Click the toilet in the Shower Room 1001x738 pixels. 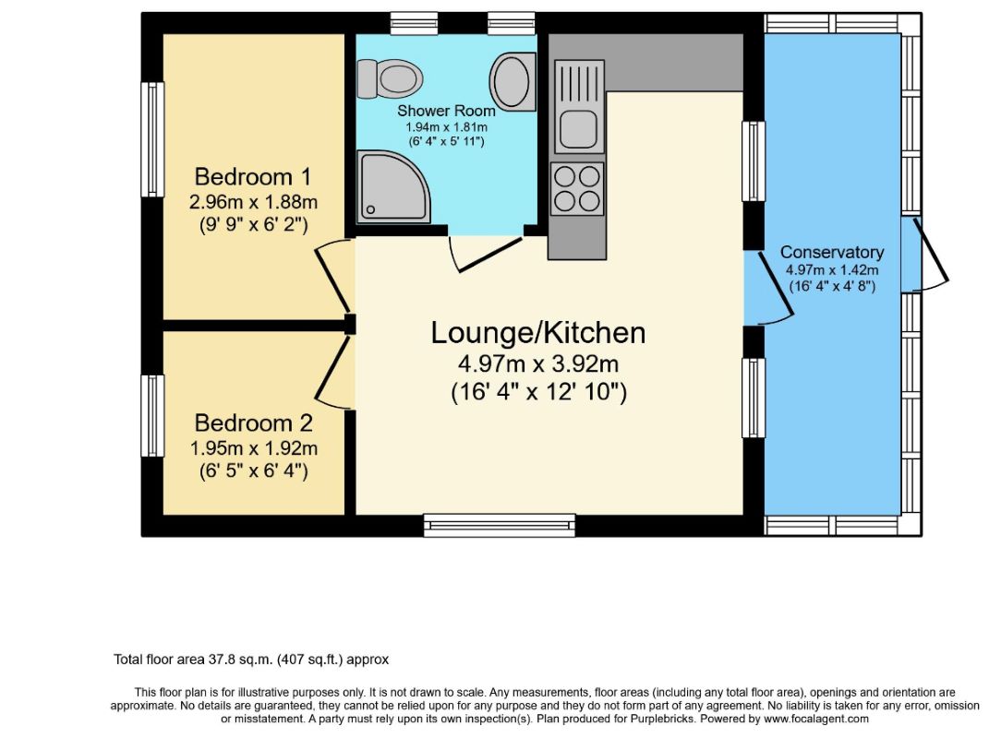[x=390, y=79]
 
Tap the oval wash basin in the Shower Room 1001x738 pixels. [x=512, y=82]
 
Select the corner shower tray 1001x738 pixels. [x=393, y=187]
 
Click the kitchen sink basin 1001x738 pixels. [x=578, y=129]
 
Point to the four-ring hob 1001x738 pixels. [x=578, y=187]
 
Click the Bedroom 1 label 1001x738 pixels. [x=253, y=176]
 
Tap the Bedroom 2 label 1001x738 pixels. [x=253, y=423]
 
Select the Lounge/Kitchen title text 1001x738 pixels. [x=538, y=333]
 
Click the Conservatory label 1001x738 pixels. [x=832, y=252]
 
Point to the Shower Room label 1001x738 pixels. [x=446, y=111]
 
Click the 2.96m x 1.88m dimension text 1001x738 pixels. [x=253, y=202]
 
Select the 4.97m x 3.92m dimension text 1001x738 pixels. [x=538, y=364]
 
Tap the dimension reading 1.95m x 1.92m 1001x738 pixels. [x=254, y=448]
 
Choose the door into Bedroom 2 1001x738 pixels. [x=334, y=373]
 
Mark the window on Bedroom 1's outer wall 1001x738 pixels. [x=152, y=139]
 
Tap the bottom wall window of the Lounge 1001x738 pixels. [x=500, y=525]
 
